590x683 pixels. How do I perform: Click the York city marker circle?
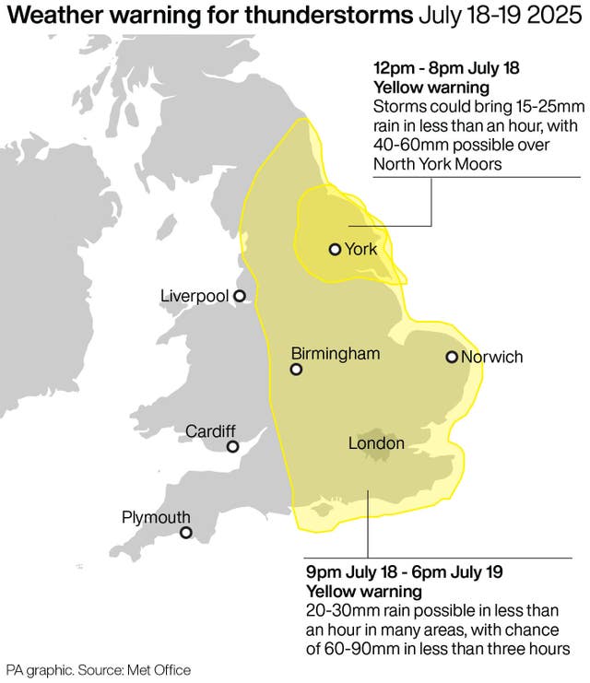click(x=335, y=249)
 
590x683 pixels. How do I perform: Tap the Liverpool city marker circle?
click(x=239, y=296)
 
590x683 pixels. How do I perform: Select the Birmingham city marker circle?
click(x=296, y=370)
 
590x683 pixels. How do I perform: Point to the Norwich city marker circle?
click(x=452, y=358)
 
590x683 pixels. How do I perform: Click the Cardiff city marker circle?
click(x=232, y=447)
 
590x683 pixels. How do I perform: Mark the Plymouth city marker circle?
click(x=185, y=533)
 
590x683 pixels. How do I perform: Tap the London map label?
click(x=376, y=443)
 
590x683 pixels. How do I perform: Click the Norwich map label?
click(x=491, y=358)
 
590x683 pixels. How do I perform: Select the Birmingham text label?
click(x=335, y=353)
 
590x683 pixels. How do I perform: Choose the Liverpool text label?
click(x=194, y=296)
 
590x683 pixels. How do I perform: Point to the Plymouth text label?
click(x=156, y=517)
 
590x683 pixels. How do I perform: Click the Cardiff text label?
click(x=210, y=430)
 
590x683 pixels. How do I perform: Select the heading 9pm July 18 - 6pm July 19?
click(x=404, y=572)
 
